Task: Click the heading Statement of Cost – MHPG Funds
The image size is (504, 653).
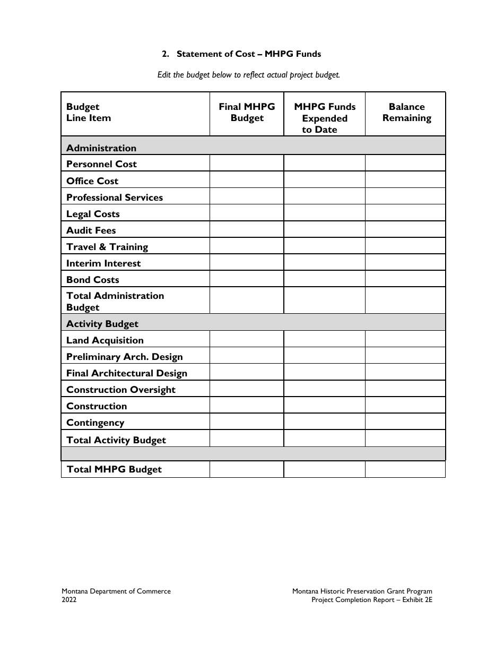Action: click(248, 54)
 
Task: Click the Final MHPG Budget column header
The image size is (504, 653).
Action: click(247, 113)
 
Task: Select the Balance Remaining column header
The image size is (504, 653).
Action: click(406, 113)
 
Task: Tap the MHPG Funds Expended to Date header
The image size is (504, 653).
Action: click(325, 118)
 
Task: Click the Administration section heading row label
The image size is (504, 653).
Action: click(101, 148)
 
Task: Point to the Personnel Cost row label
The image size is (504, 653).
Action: click(101, 164)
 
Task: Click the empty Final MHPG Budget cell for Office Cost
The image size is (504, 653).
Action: click(247, 181)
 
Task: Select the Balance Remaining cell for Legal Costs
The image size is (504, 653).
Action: click(405, 213)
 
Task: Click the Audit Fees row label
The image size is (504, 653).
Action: click(91, 230)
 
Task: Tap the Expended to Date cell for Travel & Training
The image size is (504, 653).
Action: click(324, 246)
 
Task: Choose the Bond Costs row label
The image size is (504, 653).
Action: click(93, 280)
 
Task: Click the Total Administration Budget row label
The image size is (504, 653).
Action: click(115, 301)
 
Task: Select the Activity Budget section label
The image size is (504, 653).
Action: click(102, 324)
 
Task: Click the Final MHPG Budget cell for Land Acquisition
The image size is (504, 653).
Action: click(247, 340)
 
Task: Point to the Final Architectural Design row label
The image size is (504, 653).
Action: click(127, 373)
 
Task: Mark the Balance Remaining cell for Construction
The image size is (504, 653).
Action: click(405, 406)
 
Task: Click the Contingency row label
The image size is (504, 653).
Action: click(95, 423)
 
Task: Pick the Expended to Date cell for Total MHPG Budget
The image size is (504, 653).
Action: click(324, 469)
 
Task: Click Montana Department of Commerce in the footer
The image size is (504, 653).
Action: click(116, 591)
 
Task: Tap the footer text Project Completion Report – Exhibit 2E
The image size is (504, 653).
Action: click(371, 600)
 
